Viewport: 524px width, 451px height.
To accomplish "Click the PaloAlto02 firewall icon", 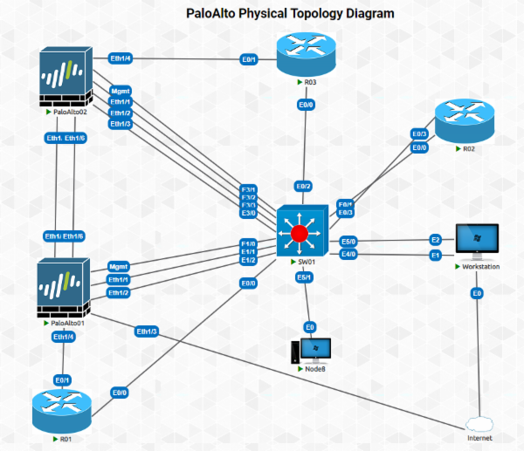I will coord(66,79).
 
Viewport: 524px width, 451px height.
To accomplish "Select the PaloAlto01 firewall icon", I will coord(62,288).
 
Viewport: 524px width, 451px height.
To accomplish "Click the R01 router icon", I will coord(62,411).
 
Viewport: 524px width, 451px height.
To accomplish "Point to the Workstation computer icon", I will coord(476,243).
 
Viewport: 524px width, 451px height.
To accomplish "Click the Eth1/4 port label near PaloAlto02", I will coord(121,59).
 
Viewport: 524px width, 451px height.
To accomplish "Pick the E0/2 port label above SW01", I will coord(303,186).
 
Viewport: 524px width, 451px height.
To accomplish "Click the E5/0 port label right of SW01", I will coord(348,241).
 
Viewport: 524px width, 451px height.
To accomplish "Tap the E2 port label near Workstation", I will coord(434,240).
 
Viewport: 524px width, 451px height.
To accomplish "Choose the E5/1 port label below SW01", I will coord(304,277).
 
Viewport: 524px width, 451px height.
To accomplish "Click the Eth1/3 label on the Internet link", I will coord(147,331).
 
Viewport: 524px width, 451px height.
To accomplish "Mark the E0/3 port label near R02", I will coord(419,134).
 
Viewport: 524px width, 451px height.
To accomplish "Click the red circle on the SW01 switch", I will coord(300,233).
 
